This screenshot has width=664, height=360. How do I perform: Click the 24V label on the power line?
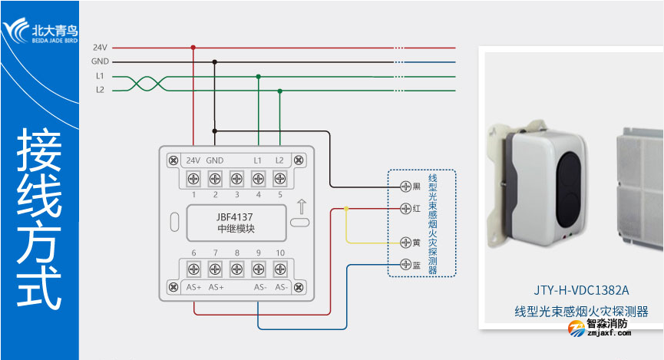point(100,48)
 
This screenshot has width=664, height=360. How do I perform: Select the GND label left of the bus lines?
point(100,61)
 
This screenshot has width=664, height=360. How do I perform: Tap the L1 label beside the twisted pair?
point(100,76)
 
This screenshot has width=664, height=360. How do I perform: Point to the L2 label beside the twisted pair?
point(100,90)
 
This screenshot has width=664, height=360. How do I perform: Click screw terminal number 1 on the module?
point(193,180)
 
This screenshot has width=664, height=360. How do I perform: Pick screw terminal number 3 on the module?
point(236,180)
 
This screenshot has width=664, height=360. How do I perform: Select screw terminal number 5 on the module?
point(279,180)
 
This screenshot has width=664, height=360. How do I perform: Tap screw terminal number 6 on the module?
point(193,269)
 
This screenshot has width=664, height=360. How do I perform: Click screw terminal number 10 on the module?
point(279,269)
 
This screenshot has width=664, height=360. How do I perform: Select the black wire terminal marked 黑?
point(406,187)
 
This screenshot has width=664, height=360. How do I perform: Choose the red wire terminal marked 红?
point(406,208)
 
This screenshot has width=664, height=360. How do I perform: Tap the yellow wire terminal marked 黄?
point(406,243)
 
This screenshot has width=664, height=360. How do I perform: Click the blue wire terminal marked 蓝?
point(406,265)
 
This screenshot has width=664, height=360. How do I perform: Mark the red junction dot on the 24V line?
point(193,47)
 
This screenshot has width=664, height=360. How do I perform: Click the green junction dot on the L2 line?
point(279,91)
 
